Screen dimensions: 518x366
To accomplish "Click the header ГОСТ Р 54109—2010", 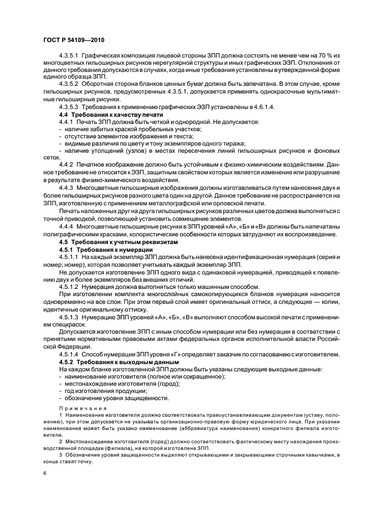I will point(73,42).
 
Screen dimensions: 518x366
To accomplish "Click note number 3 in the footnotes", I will point(60,455).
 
